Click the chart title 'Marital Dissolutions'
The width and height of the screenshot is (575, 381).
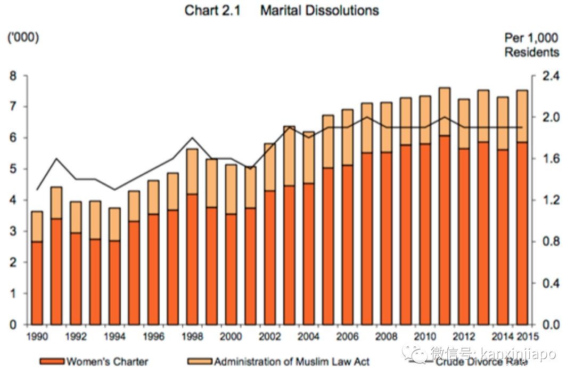319,11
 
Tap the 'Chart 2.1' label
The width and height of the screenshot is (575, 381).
212,11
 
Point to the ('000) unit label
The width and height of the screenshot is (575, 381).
22,38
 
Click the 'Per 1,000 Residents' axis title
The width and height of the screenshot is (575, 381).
531,45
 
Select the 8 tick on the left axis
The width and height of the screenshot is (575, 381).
13,76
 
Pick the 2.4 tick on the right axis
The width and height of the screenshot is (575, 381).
548,76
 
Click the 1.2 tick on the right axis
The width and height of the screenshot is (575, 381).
548,200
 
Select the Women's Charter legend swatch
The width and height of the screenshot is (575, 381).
52,362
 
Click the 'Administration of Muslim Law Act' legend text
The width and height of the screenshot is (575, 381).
292,362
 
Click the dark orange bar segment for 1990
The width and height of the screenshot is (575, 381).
37,282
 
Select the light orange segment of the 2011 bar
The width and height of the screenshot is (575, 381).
445,112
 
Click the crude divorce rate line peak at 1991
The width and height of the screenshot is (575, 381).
56,159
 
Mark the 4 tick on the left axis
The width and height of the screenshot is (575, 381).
13,200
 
